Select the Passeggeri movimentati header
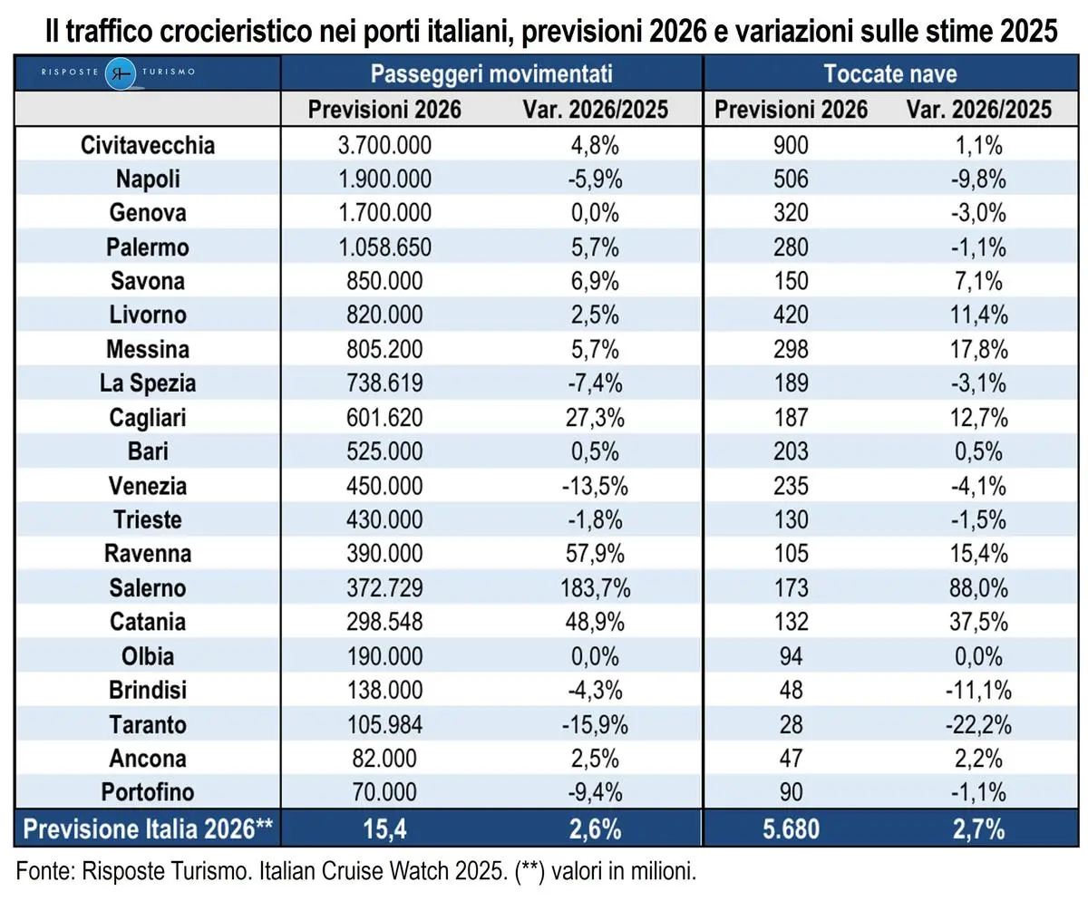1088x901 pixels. pyautogui.click(x=491, y=73)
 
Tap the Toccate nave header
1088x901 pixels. pyautogui.click(x=889, y=73)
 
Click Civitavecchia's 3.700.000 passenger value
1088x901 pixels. pyautogui.click(x=384, y=145)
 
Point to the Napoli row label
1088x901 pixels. pyautogui.click(x=147, y=179)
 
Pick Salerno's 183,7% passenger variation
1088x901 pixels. pyautogui.click(x=595, y=588)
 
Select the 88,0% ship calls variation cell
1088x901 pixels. pyautogui.click(x=979, y=588)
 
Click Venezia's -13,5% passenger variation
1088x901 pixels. pyautogui.click(x=595, y=486)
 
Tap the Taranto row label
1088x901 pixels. pyautogui.click(x=147, y=724)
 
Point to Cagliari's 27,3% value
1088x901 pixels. pyautogui.click(x=595, y=418)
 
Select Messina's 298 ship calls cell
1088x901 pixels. pyautogui.click(x=791, y=349)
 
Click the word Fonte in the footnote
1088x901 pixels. pyautogui.click(x=44, y=872)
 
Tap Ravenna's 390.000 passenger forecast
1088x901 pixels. pyautogui.click(x=384, y=554)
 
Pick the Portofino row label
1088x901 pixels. pyautogui.click(x=147, y=792)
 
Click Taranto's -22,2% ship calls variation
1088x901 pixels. pyautogui.click(x=979, y=724)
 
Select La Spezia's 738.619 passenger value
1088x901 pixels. pyautogui.click(x=384, y=383)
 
